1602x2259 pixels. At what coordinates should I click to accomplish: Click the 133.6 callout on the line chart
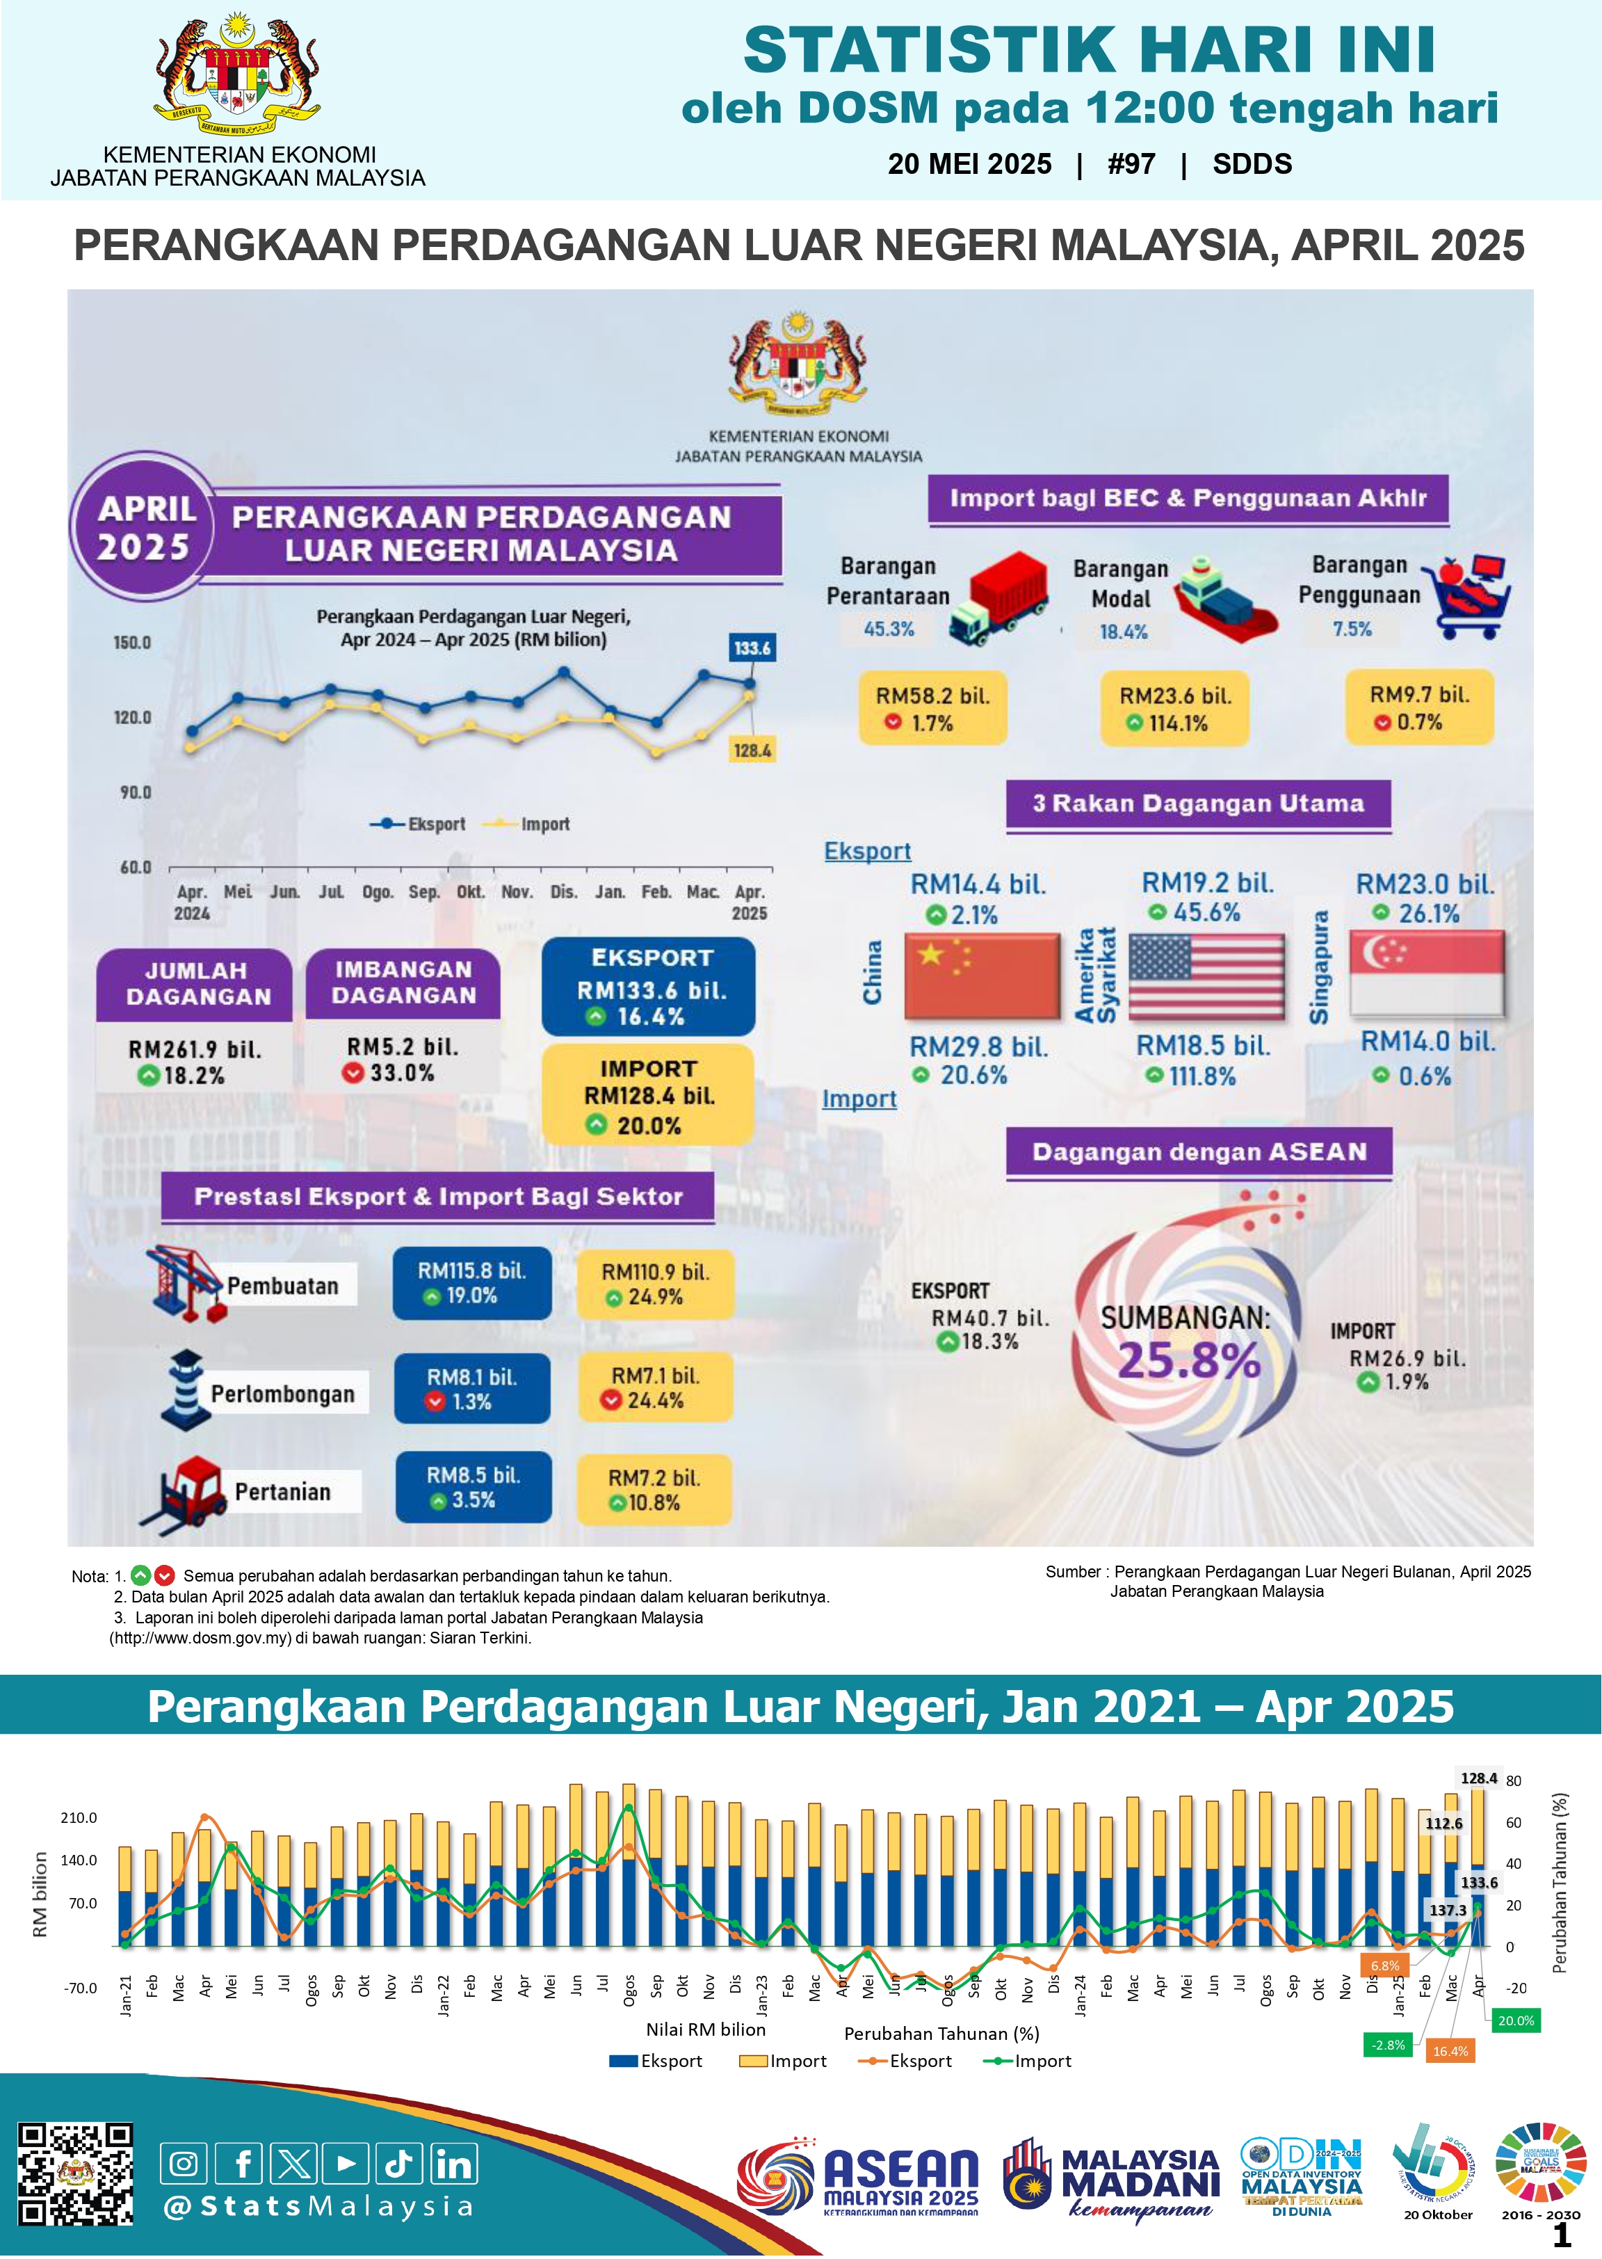[x=752, y=648]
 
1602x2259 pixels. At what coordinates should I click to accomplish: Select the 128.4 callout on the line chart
[x=752, y=750]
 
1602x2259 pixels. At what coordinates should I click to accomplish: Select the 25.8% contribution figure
[x=1189, y=1360]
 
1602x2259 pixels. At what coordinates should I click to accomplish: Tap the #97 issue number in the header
[x=1131, y=163]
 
